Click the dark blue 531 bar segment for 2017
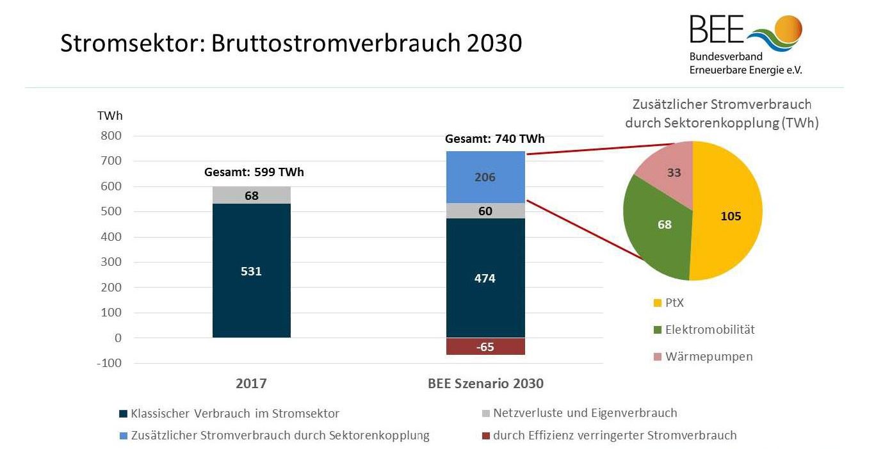252,270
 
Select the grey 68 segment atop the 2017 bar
252,195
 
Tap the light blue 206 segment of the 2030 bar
485,177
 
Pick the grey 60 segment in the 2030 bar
485,211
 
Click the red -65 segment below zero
485,347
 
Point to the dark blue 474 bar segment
485,278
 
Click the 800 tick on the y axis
111,136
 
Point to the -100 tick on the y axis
109,363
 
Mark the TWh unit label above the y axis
110,116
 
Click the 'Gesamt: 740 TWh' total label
495,139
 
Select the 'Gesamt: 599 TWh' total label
254,172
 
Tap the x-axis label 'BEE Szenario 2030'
486,383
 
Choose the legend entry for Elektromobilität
704,330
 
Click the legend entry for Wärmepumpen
703,357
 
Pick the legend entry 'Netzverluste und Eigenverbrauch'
580,413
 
